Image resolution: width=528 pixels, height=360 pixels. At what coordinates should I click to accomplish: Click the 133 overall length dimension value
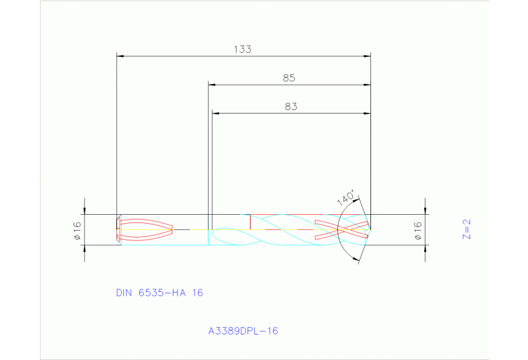point(242,49)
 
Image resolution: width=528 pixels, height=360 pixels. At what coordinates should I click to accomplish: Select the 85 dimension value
point(289,78)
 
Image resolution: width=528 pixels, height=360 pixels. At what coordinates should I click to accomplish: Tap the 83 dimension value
point(291,107)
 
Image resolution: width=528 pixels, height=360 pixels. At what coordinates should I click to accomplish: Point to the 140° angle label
point(346,198)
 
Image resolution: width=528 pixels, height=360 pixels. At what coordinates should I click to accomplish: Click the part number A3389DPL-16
point(243,331)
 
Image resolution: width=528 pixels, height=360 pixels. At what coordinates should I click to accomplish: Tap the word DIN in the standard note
point(124,293)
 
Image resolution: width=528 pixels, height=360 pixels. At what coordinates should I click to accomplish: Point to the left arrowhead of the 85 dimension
point(212,85)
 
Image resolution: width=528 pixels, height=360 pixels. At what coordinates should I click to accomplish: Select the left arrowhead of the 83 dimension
point(215,114)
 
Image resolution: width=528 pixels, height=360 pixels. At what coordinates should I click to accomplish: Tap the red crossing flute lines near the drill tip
point(341,229)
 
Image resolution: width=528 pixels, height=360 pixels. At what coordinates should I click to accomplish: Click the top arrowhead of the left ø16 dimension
point(85,211)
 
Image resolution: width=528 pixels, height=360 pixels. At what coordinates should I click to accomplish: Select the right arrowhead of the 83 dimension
point(367,114)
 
